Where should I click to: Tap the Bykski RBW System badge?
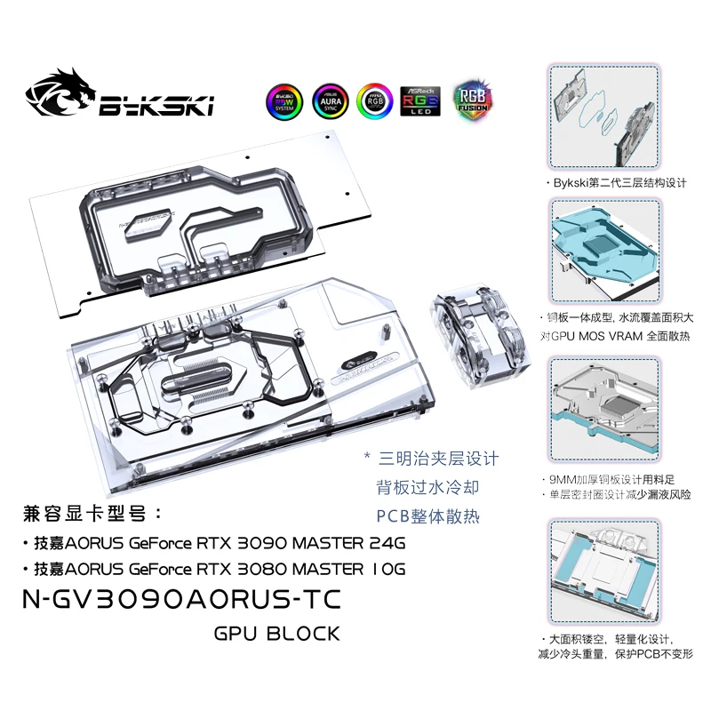pyautogui.click(x=285, y=102)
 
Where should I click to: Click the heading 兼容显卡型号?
pyautogui.click(x=85, y=515)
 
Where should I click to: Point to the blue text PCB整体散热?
pyautogui.click(x=428, y=515)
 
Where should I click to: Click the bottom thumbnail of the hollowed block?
pyautogui.click(x=600, y=569)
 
